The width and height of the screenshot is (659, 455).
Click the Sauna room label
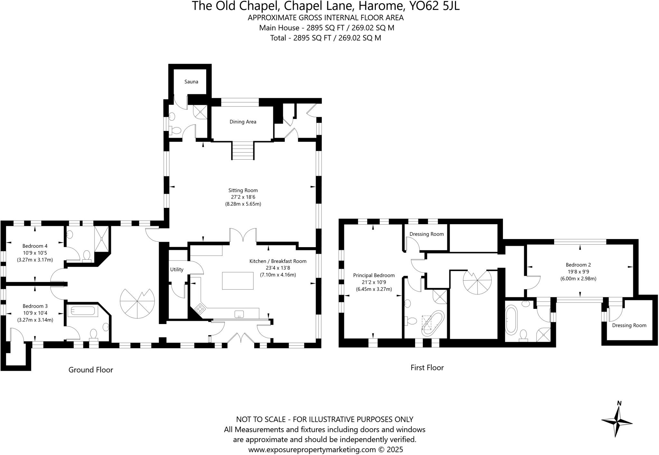click(x=191, y=82)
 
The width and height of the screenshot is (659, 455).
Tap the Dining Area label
click(x=243, y=122)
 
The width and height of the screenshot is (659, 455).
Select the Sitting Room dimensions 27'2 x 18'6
click(x=243, y=197)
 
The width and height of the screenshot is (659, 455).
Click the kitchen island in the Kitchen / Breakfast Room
click(x=237, y=281)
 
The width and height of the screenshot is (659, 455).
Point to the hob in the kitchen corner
click(x=200, y=309)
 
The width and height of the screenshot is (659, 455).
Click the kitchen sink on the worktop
click(x=239, y=314)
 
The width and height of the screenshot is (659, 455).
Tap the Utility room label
click(x=177, y=269)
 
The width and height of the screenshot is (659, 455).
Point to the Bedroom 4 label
click(x=35, y=246)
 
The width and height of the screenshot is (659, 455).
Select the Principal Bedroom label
click(x=374, y=275)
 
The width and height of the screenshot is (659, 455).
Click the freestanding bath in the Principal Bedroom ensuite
click(x=432, y=323)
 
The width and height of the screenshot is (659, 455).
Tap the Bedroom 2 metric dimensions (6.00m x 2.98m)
click(x=578, y=279)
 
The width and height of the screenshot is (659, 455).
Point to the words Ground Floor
click(x=90, y=370)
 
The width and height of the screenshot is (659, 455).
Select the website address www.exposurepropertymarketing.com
click(x=312, y=449)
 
